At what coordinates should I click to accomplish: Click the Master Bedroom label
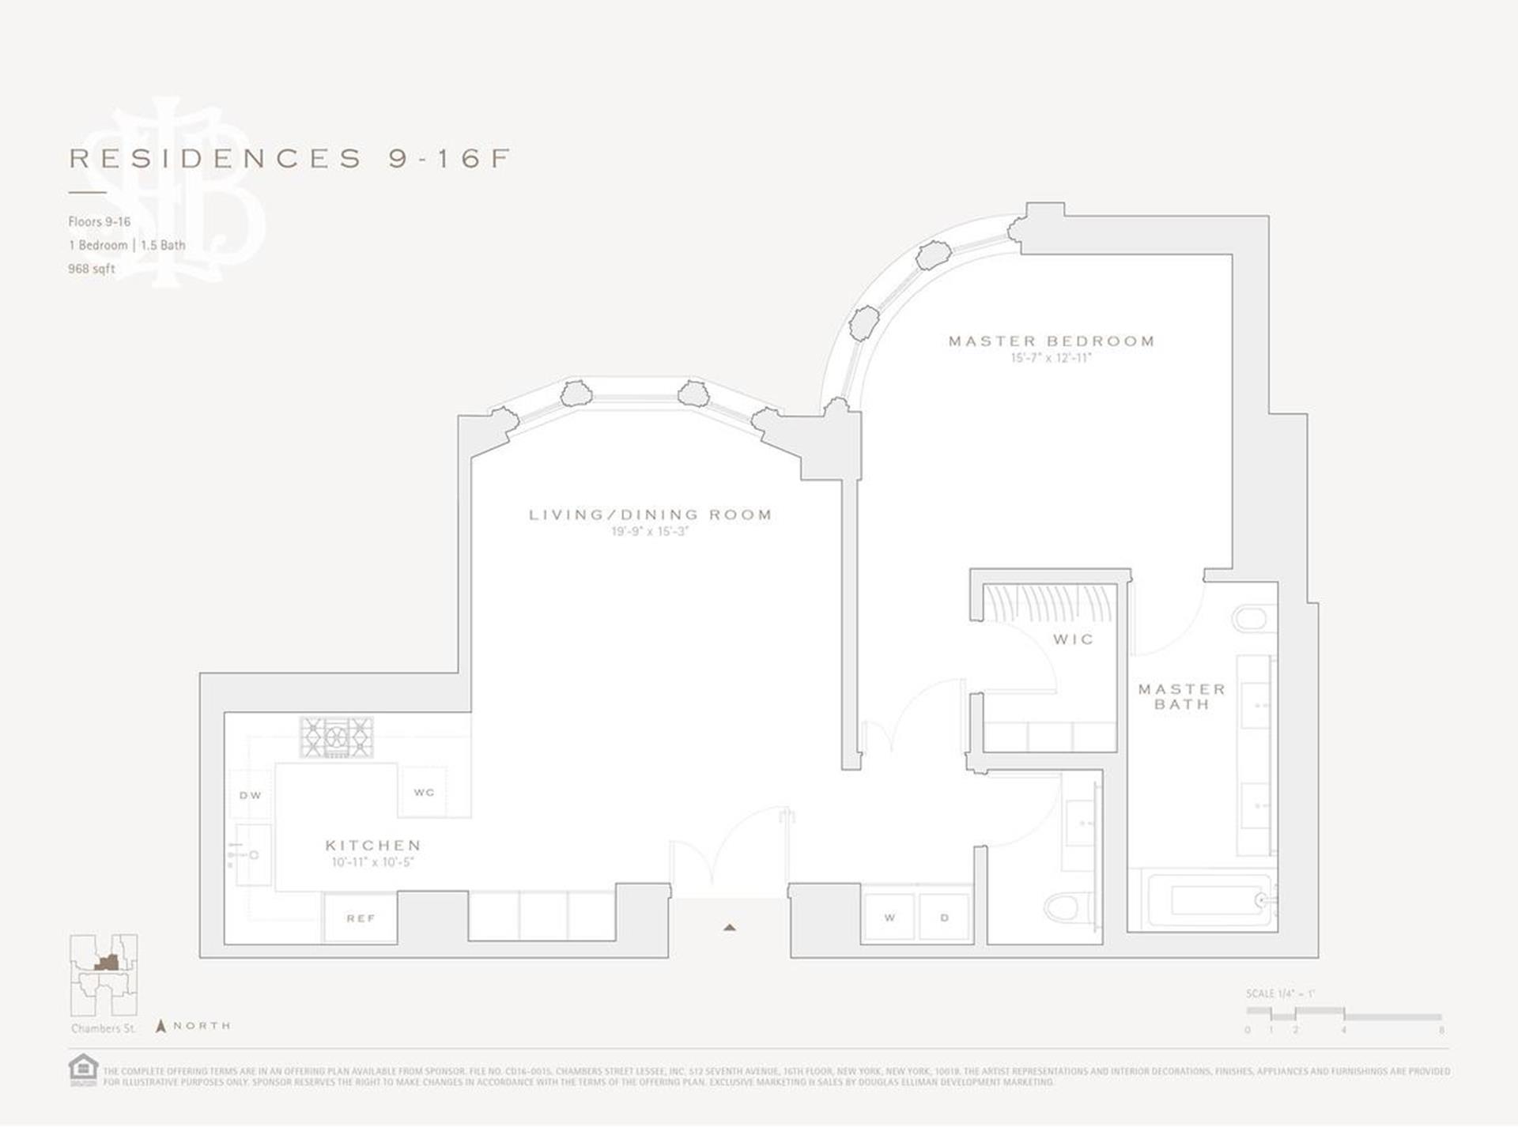1051,341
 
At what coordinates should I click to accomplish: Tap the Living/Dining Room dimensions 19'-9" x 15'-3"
650,532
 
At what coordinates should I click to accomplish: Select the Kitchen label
373,846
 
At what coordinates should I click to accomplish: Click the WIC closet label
1073,639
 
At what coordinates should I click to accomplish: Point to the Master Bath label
1181,696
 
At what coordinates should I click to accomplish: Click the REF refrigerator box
361,918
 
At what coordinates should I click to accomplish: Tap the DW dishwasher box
250,795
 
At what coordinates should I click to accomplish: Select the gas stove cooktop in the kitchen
336,737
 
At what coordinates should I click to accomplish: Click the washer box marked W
889,918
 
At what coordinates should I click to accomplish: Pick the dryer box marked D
944,918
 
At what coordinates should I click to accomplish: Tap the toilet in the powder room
1067,906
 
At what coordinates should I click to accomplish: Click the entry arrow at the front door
729,928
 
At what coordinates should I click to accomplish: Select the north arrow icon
160,1027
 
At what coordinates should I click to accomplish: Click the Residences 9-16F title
289,159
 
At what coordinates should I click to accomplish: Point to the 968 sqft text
92,269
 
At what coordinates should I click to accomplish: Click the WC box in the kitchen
424,792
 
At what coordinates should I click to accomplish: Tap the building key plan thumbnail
104,975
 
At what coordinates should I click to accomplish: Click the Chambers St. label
104,1028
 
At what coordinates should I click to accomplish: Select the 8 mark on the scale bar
1441,1030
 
